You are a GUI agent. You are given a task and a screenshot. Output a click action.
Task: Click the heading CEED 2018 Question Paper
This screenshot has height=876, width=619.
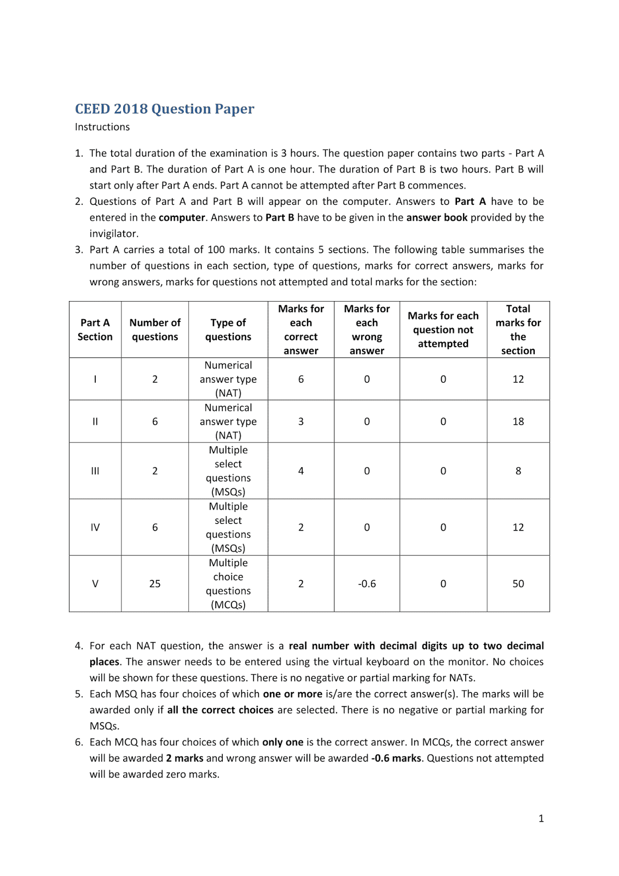(164, 109)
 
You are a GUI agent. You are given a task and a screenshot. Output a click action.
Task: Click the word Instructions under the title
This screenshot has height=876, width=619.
(102, 127)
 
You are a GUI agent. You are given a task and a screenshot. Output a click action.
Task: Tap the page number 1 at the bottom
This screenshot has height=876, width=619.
(541, 819)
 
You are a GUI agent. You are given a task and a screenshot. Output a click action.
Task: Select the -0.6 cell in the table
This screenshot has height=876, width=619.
(367, 584)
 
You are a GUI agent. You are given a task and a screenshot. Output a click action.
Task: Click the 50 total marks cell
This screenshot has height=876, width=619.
(518, 584)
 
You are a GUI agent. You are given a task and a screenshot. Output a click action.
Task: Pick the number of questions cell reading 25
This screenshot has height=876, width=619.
(155, 584)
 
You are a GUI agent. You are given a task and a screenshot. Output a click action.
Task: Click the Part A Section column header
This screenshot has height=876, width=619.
(95, 330)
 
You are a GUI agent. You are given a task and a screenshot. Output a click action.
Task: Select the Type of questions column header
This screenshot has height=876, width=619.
(228, 330)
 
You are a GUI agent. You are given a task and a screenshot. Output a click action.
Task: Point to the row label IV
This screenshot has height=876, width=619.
(95, 527)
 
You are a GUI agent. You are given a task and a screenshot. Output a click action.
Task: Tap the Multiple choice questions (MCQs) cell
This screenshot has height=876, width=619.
(228, 584)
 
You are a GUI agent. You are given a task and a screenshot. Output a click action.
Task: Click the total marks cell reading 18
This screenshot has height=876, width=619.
(518, 422)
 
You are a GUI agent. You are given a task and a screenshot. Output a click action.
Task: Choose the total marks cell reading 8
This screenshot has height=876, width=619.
(518, 471)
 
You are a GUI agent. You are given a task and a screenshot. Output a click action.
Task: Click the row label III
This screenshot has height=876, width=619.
(95, 471)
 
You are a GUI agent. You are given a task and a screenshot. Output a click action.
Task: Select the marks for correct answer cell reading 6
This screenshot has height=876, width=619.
(300, 379)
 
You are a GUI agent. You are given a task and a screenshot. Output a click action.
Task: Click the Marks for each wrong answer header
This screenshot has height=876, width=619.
(367, 330)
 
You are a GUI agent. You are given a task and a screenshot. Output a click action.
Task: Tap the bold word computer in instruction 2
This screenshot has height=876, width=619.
(182, 217)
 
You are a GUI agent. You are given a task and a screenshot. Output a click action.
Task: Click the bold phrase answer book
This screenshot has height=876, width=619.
(437, 217)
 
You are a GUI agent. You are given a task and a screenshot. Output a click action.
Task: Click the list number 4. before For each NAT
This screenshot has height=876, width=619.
(79, 646)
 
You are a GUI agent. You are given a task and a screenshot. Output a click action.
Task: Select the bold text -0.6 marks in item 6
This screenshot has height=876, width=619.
(396, 758)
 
